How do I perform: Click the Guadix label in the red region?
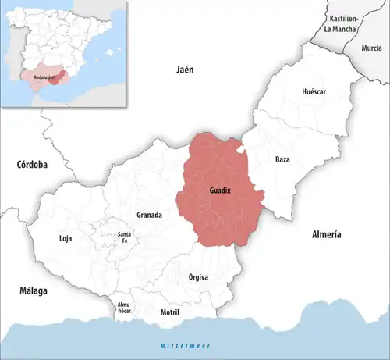coord(220,190)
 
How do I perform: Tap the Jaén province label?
coord(184,70)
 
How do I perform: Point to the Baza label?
coord(283,159)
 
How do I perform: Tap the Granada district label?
coord(149,215)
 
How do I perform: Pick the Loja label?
coord(66,238)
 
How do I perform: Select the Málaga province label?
coord(34,290)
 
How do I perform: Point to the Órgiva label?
coord(199,276)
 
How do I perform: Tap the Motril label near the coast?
coord(169,312)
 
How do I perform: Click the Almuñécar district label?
coord(124,307)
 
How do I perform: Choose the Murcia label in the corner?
coord(371,48)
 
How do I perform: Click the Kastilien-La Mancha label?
coord(343,23)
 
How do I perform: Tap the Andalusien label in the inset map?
coord(37,79)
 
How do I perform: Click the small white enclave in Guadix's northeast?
coord(243,148)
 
